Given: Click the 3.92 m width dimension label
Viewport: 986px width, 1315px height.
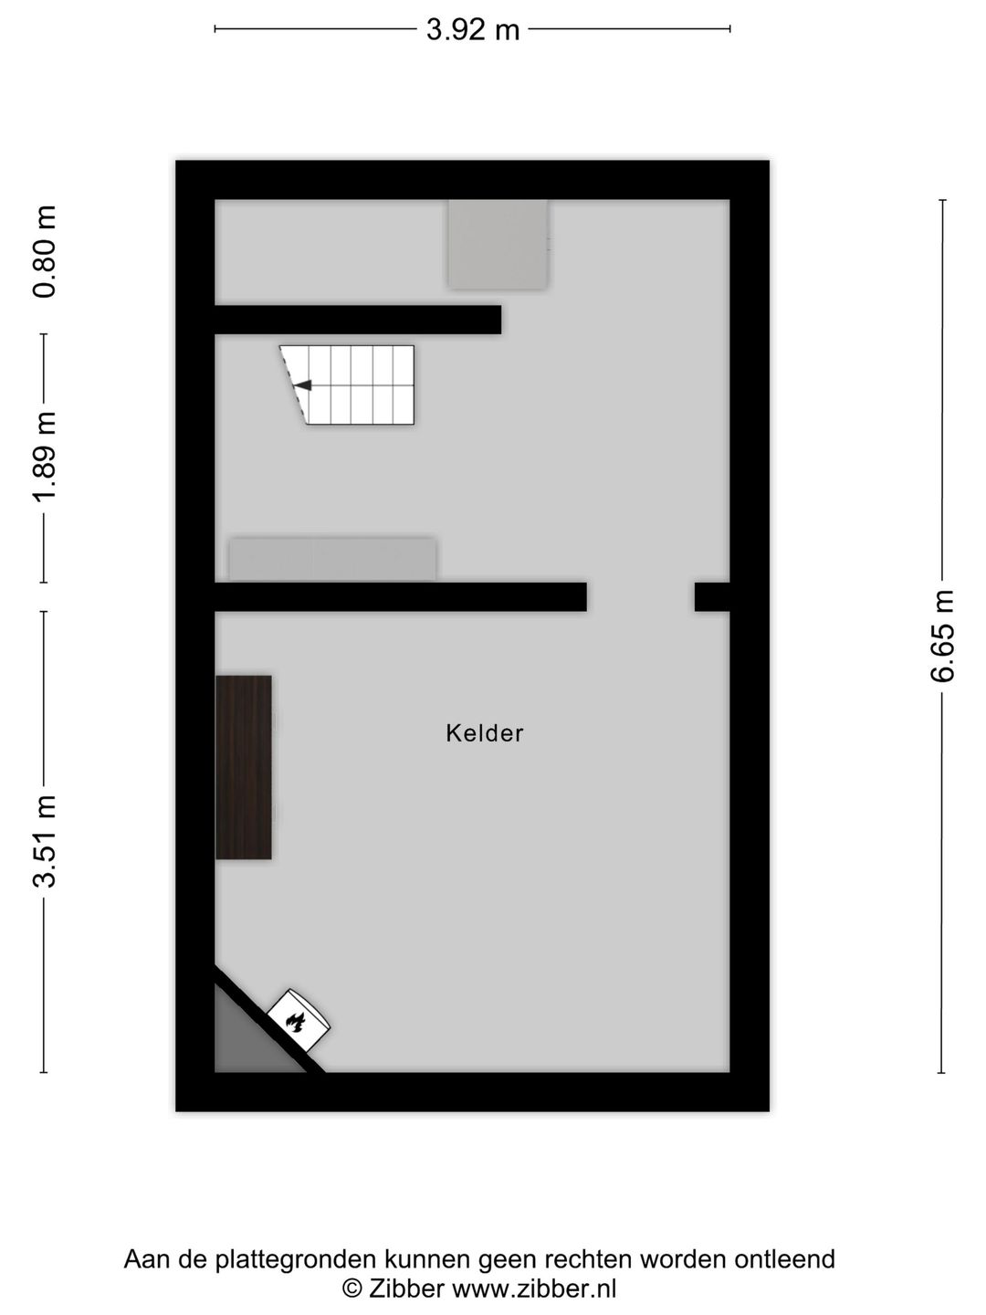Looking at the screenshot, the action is [x=472, y=29].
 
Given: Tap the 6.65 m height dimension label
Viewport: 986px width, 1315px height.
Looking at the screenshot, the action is [x=941, y=636].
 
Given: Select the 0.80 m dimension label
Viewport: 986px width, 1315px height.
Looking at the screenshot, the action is [x=45, y=252].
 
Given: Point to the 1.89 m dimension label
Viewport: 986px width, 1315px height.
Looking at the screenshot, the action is [x=45, y=457].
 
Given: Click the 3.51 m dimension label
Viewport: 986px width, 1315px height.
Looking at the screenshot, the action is [x=45, y=841].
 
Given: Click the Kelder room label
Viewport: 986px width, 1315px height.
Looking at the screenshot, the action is [x=484, y=733].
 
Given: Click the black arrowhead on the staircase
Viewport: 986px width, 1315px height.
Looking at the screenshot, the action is [x=304, y=385].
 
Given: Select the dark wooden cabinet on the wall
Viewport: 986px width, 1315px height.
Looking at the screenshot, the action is [x=243, y=767].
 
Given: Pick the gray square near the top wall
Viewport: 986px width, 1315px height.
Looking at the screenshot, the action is [x=498, y=245].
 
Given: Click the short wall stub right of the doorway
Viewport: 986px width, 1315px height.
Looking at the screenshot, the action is [x=712, y=596].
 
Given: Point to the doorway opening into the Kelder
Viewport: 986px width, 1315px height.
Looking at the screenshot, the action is [x=641, y=596].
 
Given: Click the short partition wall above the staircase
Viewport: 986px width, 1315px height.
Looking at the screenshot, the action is [x=358, y=320].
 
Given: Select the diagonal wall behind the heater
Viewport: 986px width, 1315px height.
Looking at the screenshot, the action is [x=270, y=1018].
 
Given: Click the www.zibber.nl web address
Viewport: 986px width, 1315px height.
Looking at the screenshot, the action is [x=533, y=1288].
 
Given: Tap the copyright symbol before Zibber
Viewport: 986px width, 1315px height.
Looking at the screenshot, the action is [x=352, y=1288].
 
